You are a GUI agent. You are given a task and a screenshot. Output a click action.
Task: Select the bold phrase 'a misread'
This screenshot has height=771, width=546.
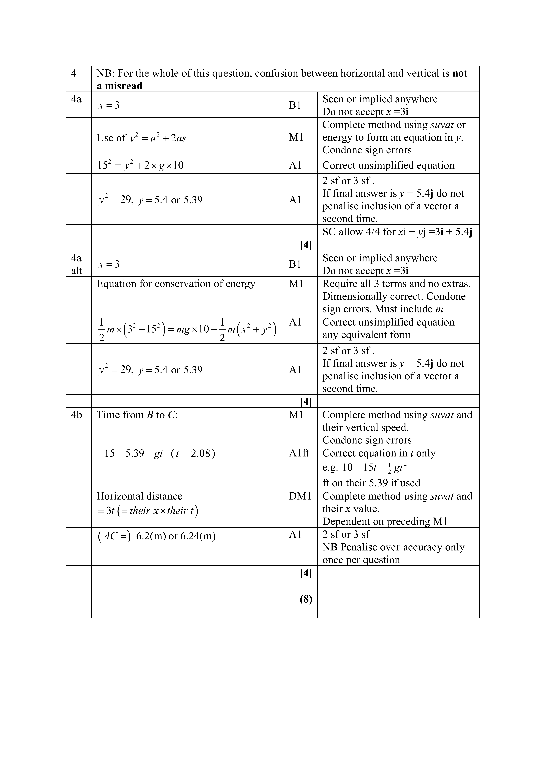coord(119,86)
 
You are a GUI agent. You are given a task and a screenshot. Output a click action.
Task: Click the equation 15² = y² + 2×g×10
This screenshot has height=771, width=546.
coord(140,165)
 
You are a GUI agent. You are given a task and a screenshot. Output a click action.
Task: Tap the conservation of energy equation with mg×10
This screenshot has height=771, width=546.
coord(187,329)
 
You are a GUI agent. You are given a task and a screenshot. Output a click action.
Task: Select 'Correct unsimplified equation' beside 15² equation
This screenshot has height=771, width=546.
coord(388,165)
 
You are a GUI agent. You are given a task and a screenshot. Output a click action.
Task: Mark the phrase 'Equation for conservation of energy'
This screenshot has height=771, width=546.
coord(176,284)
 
